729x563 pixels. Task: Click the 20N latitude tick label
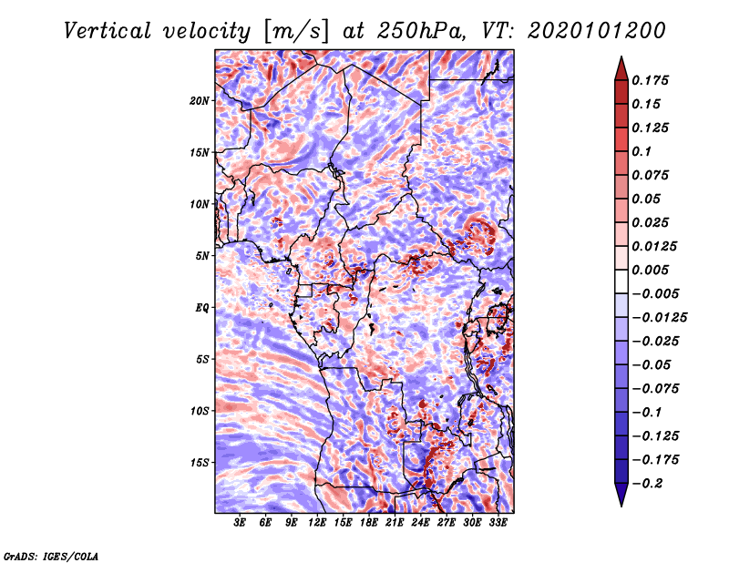(x=200, y=100)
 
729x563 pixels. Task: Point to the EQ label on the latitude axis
(x=202, y=307)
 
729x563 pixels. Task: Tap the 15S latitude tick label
(x=200, y=462)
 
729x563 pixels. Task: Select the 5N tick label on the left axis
(x=203, y=255)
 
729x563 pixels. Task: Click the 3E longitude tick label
(x=241, y=524)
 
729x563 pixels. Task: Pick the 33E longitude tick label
(x=498, y=524)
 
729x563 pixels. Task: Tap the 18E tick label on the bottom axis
(x=369, y=524)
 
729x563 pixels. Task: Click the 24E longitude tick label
(x=420, y=524)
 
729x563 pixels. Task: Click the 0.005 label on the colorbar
(x=653, y=270)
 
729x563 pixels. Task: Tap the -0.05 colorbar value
(x=652, y=364)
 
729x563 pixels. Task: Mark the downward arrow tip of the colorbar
(x=620, y=504)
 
